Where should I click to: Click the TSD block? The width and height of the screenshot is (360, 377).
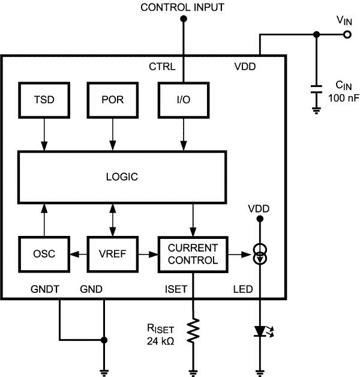[44, 98]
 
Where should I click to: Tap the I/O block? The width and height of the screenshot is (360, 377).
[182, 98]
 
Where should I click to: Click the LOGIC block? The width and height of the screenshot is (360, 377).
[122, 176]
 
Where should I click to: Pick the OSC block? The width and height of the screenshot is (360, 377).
[44, 254]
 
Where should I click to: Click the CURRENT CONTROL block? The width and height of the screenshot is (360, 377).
[193, 254]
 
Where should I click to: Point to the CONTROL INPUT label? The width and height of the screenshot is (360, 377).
[182, 8]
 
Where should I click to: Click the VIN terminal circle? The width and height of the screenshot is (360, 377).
[347, 35]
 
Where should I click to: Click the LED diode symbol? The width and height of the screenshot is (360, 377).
[260, 331]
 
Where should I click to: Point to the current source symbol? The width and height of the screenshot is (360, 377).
[260, 254]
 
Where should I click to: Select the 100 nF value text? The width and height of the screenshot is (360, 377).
[341, 97]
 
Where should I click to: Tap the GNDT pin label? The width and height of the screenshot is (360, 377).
[45, 289]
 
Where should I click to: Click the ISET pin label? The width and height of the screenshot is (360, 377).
[175, 289]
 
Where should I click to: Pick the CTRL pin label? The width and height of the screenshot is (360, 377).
[162, 67]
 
